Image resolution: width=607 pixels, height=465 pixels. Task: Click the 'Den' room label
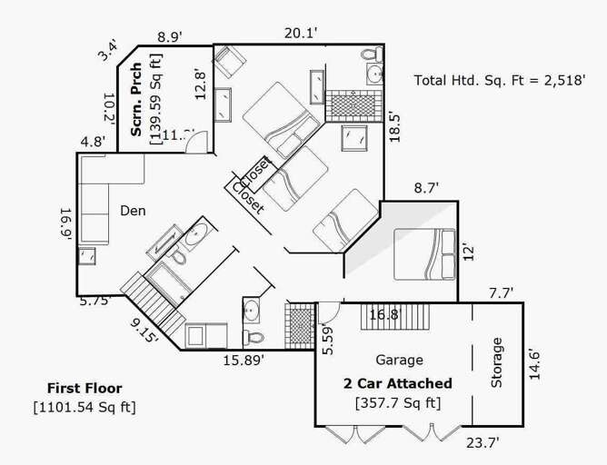coord(133,211)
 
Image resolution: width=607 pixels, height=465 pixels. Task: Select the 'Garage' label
coord(399,360)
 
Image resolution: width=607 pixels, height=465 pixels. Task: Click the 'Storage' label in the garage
coord(497,362)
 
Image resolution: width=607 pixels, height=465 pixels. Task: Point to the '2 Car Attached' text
coord(397,383)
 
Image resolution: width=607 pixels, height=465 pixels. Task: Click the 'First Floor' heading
coord(84,388)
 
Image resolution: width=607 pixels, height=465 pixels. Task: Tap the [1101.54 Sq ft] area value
coord(84,407)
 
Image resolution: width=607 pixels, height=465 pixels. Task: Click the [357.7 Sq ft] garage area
coord(397,403)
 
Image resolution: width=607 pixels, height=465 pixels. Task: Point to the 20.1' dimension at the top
coord(300,33)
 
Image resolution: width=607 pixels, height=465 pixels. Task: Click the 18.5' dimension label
coord(394,124)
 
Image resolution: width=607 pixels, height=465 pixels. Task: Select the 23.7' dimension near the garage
coord(483,442)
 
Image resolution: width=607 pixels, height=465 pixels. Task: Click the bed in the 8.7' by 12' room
coord(424,254)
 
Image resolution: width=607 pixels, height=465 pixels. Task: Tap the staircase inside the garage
coord(380,317)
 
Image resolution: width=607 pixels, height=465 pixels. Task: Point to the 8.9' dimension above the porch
coord(170,37)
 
